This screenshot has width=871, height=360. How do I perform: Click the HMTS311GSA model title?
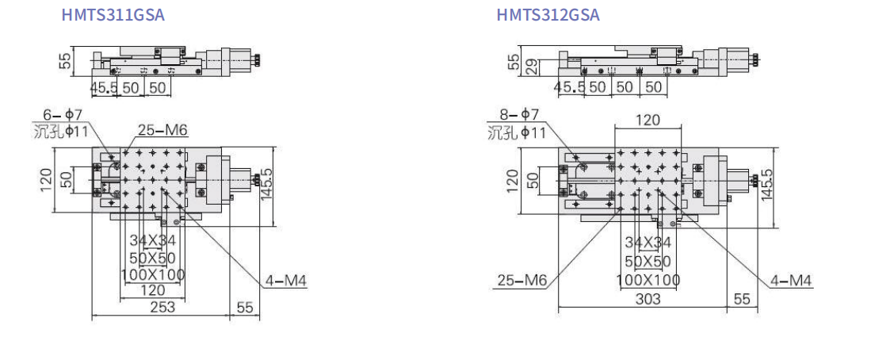coord(113,14)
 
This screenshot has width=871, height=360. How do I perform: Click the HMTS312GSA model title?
coord(548,14)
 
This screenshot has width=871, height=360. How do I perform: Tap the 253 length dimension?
coord(161,306)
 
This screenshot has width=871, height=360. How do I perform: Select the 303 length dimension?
coord(648,299)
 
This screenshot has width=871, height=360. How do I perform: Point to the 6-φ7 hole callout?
coord(63,115)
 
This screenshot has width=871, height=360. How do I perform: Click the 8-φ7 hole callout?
coord(518,116)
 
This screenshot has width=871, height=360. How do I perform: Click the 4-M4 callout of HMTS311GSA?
coord(285,281)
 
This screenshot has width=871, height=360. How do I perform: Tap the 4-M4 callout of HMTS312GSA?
coord(791,281)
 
